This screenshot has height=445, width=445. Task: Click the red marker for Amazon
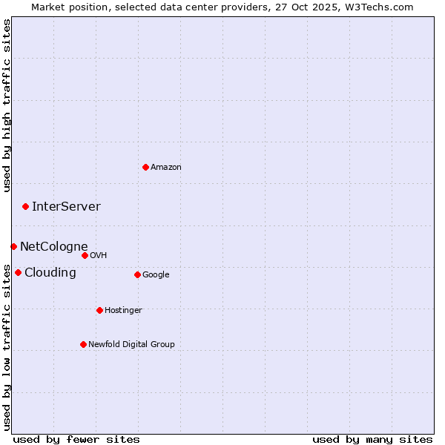pyautogui.click(x=145, y=167)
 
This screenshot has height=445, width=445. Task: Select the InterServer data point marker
pyautogui.click(x=25, y=206)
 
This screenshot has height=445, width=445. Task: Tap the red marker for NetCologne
pyautogui.click(x=13, y=246)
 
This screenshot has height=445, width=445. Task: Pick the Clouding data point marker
pyautogui.click(x=18, y=272)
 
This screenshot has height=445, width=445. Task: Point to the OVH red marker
pyautogui.click(x=85, y=255)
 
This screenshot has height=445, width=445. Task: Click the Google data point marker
pyautogui.click(x=137, y=274)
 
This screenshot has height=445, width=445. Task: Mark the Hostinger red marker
pyautogui.click(x=99, y=310)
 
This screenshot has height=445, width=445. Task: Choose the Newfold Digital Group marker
pyautogui.click(x=83, y=344)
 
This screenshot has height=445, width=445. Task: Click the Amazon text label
pyautogui.click(x=166, y=168)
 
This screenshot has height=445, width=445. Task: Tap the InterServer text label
pyautogui.click(x=66, y=207)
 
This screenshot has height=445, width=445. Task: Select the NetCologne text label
pyautogui.click(x=53, y=247)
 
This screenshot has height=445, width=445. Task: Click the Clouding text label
pyautogui.click(x=50, y=273)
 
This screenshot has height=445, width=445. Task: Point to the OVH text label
pyautogui.click(x=99, y=256)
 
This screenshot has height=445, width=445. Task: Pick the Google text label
pyautogui.click(x=156, y=275)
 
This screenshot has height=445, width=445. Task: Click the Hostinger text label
pyautogui.click(x=123, y=311)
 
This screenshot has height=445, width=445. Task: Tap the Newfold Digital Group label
pyautogui.click(x=131, y=345)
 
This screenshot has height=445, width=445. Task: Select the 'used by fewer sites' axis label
pyautogui.click(x=76, y=439)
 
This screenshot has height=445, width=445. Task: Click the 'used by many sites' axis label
pyautogui.click(x=372, y=439)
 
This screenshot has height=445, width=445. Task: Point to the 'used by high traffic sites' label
pyautogui.click(x=7, y=105)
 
